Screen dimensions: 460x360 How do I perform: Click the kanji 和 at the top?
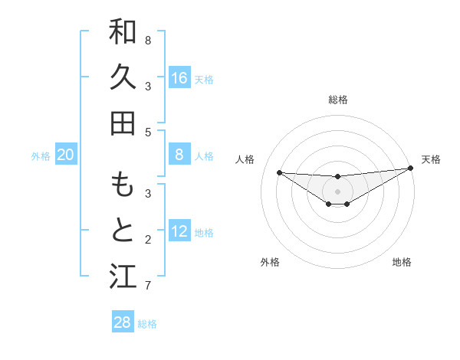(123, 31)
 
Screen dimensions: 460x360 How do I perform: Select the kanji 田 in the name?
(123, 123)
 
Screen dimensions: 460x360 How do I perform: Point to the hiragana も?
(123, 185)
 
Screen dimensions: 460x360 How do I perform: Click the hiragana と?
(123, 230)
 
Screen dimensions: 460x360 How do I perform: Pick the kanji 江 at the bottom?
(123, 276)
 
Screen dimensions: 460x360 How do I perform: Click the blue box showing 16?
(179, 78)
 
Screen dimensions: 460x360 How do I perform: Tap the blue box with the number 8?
(179, 155)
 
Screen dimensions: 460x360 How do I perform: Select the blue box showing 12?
(179, 231)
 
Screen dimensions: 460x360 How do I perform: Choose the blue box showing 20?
(66, 155)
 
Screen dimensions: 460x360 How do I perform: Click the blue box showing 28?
(123, 322)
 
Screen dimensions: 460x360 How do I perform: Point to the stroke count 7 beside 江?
(148, 286)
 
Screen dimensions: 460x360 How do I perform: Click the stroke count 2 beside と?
(148, 241)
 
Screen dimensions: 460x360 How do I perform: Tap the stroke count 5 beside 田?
(148, 132)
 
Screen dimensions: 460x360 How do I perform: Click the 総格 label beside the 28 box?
(147, 324)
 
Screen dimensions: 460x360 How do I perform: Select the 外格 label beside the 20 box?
(41, 156)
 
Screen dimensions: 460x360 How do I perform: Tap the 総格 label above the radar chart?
(337, 100)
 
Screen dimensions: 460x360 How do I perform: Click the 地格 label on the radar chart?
(402, 262)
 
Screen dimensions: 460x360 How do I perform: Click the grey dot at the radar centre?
(337, 191)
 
